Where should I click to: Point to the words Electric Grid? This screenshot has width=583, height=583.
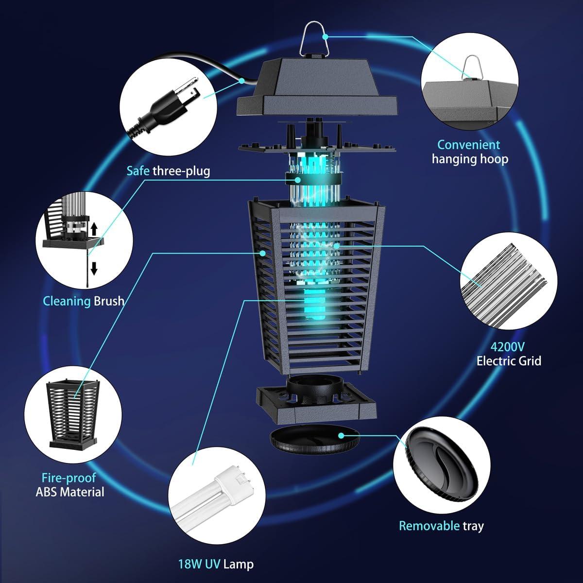point(509,361)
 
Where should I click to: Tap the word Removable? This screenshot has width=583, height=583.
point(429,525)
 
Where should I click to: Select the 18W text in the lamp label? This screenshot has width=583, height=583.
point(189,564)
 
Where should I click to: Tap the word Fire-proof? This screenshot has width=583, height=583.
point(69,478)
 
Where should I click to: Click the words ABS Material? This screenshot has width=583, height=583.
point(70,492)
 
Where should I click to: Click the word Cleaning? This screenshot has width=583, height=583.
point(67,301)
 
